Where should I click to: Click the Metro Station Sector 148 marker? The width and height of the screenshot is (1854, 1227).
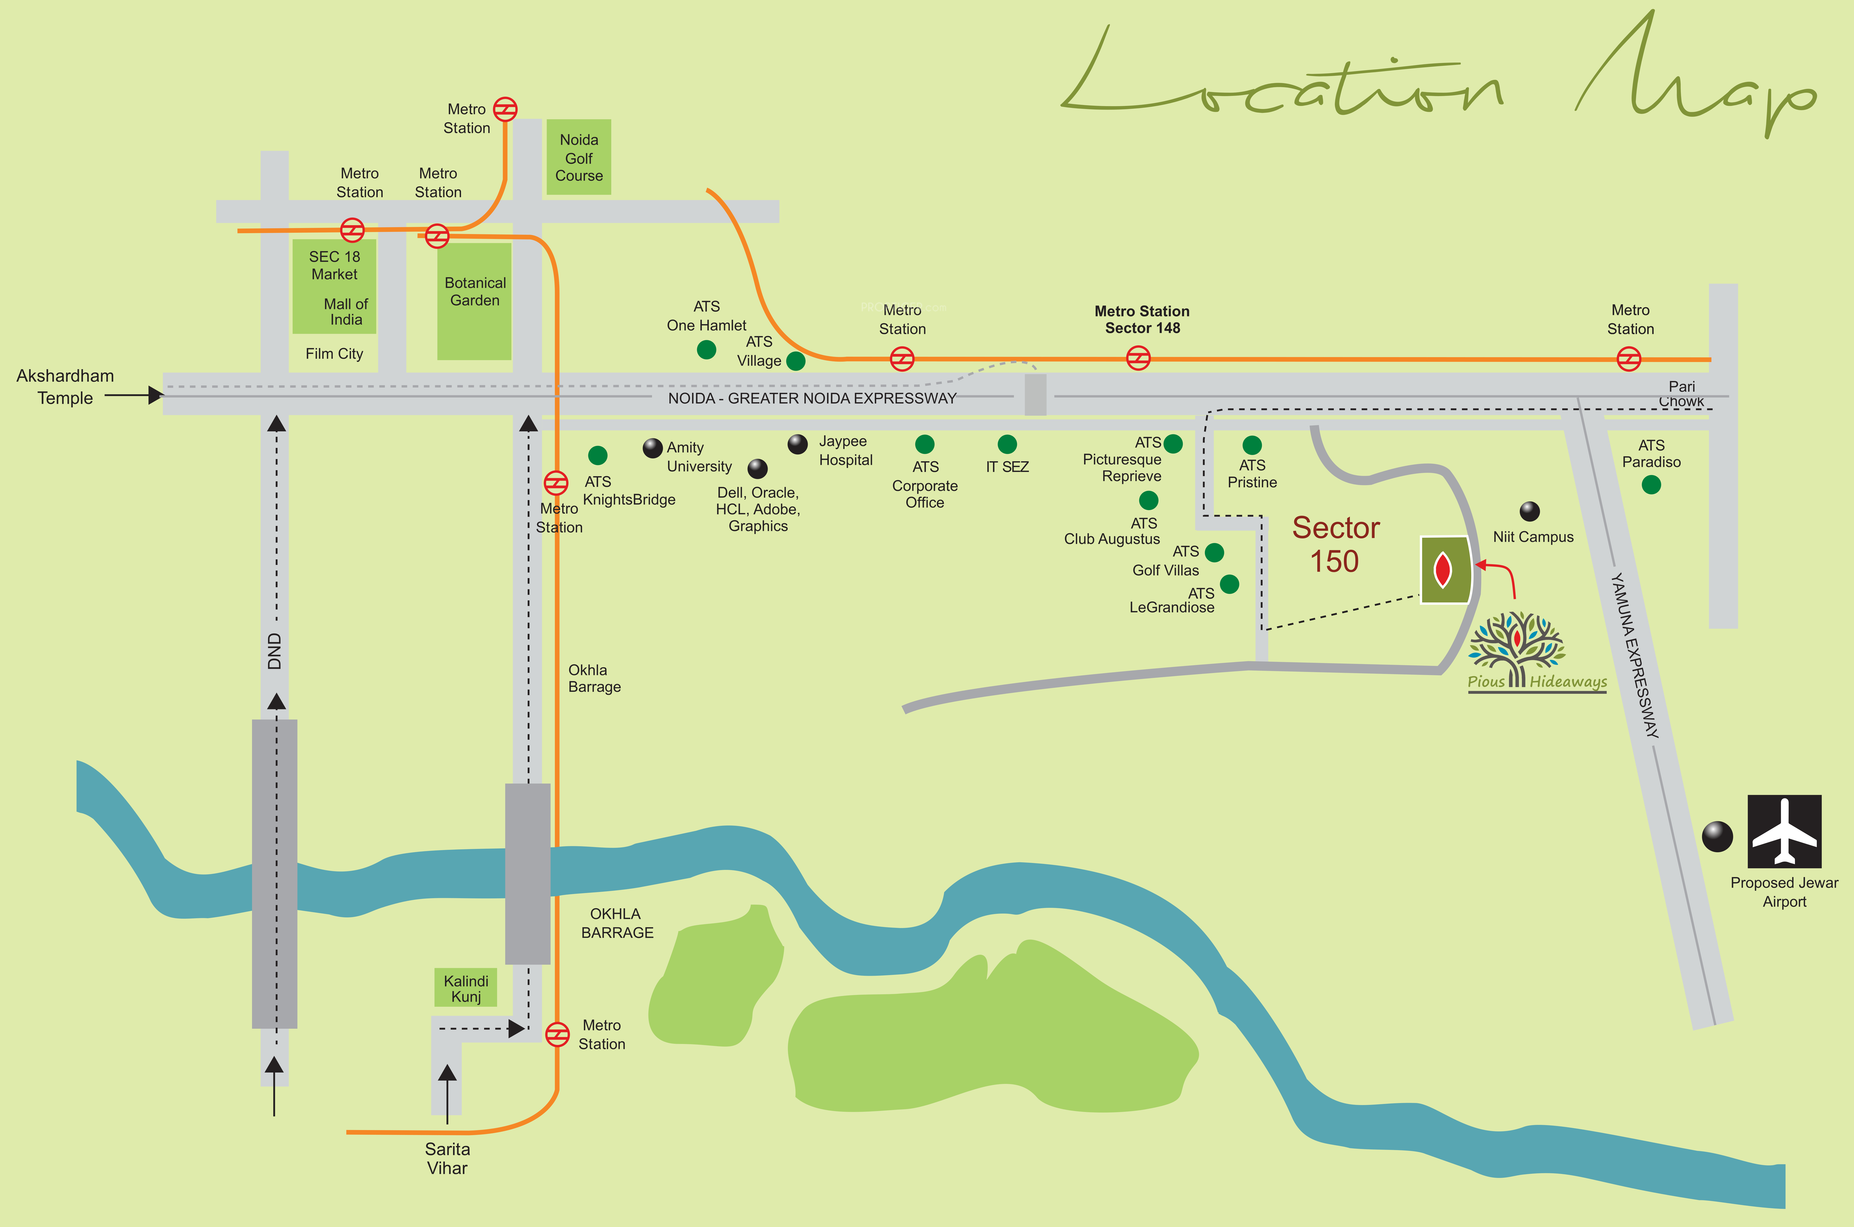(x=1138, y=359)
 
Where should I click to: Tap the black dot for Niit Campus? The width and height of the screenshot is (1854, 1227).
(x=1529, y=511)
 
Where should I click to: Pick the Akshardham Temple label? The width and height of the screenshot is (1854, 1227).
(x=65, y=387)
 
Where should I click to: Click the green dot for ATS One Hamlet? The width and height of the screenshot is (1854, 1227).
(x=706, y=350)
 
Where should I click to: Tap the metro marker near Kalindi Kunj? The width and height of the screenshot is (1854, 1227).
(x=557, y=1034)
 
